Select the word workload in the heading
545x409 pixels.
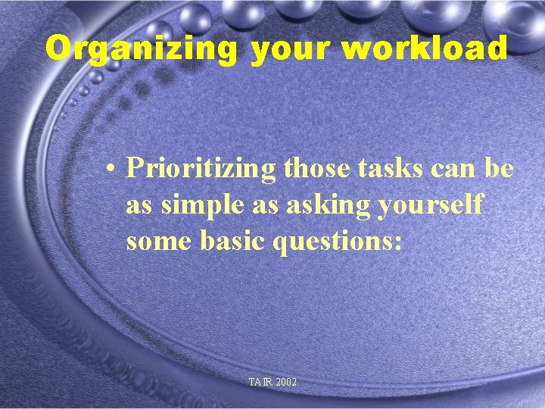(x=424, y=48)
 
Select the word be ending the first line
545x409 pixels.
(x=500, y=168)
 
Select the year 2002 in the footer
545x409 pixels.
(x=286, y=382)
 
